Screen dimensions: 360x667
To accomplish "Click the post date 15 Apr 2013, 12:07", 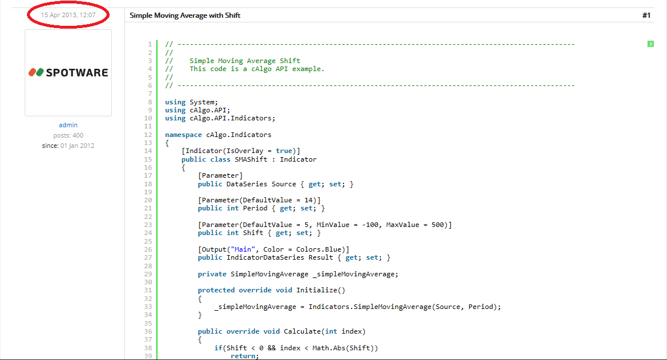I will pos(68,15).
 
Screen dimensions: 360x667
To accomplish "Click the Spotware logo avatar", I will pos(68,73).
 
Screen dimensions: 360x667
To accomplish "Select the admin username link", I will pos(68,125).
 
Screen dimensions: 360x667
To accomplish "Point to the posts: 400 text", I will pos(68,135).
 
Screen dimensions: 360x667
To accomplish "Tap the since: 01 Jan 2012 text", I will pos(68,146).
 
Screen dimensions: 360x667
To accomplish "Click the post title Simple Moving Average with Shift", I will pos(185,15).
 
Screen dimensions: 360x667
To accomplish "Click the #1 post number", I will pos(646,15).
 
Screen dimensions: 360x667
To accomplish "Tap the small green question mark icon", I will pos(650,44).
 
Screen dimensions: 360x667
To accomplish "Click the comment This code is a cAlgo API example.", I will pos(257,69).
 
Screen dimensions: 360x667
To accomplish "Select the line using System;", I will pos(192,102).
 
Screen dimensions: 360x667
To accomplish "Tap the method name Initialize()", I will pos(321,290).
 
